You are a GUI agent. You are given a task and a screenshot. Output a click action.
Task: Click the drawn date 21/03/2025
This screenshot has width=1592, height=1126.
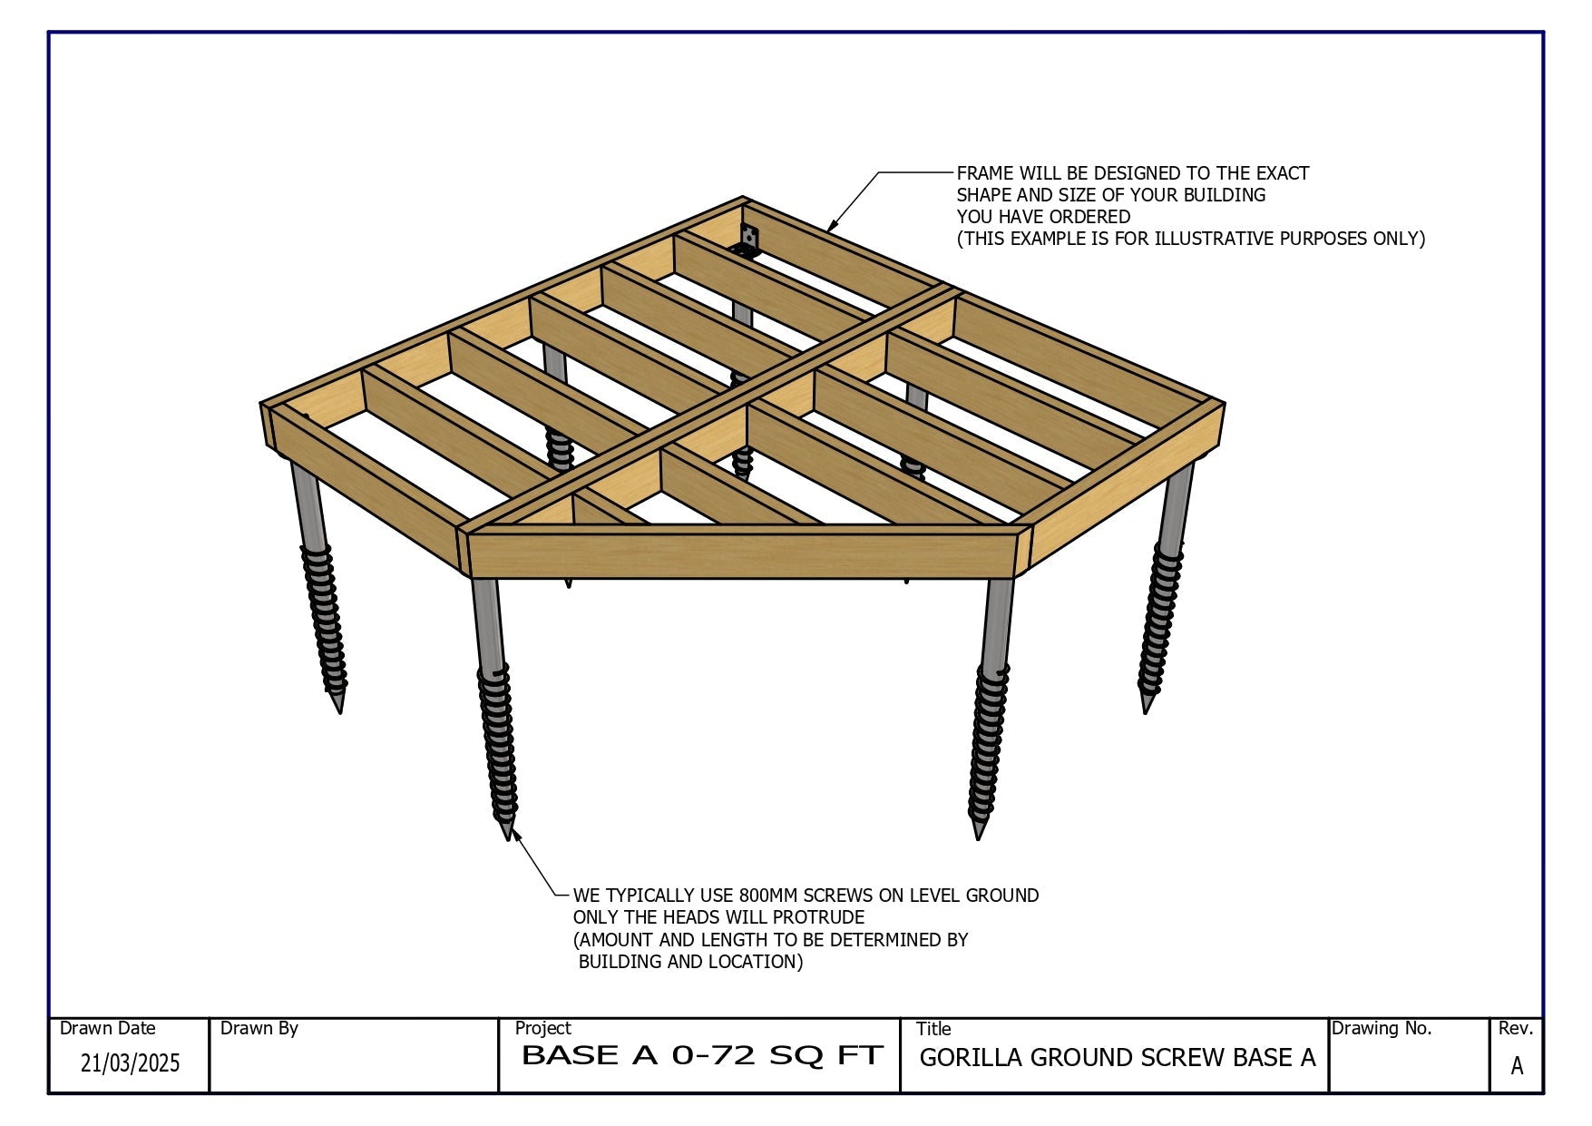coord(131,1062)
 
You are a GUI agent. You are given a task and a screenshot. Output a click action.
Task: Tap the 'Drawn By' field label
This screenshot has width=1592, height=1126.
coord(259,1028)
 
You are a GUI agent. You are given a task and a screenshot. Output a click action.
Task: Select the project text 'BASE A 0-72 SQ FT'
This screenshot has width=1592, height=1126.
coord(702,1055)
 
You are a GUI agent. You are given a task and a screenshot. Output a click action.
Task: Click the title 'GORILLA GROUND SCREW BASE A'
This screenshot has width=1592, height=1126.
coord(1118,1058)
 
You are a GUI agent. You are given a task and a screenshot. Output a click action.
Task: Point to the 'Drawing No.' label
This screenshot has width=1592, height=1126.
coord(1382,1028)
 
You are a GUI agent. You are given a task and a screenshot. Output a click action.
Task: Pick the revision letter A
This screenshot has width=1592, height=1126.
coord(1517,1066)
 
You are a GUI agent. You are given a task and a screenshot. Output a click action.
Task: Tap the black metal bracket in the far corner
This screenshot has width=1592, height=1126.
coord(748,240)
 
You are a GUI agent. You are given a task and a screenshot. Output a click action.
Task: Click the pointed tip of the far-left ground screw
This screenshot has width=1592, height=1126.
coord(340,711)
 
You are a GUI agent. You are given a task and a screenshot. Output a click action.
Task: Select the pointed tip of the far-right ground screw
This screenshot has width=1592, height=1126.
coord(1146,711)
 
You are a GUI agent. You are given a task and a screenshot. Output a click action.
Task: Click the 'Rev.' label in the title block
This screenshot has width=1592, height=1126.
coord(1516,1028)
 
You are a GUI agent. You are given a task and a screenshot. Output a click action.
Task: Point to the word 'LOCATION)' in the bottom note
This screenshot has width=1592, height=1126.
coord(759,962)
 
